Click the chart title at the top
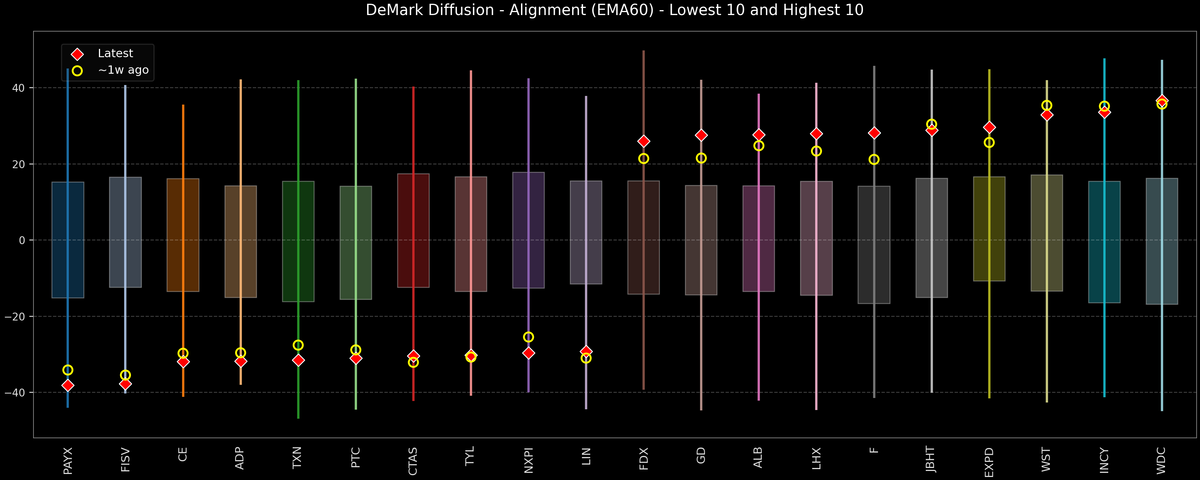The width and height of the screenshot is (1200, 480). click(600, 11)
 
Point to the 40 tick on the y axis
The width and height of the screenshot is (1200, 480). click(20, 88)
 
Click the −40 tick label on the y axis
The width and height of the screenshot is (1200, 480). click(16, 393)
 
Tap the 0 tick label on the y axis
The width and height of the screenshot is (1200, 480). click(23, 240)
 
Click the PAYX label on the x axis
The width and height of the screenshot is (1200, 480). click(68, 460)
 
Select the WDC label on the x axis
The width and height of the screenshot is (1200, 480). click(1162, 460)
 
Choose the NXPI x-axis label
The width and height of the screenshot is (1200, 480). click(529, 460)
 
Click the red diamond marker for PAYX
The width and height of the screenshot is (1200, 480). click(68, 385)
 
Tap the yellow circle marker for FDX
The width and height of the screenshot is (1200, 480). click(644, 159)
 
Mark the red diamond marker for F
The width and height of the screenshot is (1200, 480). click(874, 133)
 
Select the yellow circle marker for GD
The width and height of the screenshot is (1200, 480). click(701, 158)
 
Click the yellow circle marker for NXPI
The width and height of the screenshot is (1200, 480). click(529, 337)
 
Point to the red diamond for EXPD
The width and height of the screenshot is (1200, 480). click(989, 127)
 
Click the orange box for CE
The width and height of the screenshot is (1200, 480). click(183, 235)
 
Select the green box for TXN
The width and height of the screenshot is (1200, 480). click(298, 241)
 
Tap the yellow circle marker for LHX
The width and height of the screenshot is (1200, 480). click(816, 151)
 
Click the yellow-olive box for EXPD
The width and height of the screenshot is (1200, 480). click(989, 229)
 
